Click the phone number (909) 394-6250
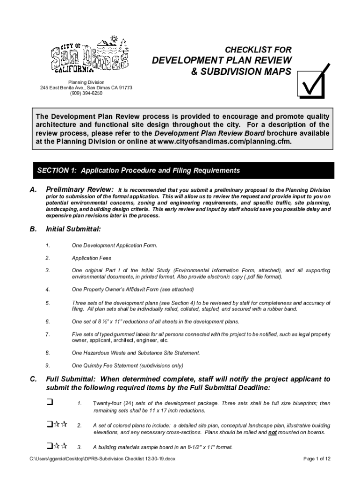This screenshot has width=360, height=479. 86,93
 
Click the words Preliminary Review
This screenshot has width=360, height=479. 79,190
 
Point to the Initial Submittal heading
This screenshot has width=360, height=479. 73,229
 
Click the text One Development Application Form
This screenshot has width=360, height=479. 114,245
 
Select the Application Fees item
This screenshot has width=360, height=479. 91,258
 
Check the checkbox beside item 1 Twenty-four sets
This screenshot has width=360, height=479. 50,402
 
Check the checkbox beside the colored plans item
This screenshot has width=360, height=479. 49,425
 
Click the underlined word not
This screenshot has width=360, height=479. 272,433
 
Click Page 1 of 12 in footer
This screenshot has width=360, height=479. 317,459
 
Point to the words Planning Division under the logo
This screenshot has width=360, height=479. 86,82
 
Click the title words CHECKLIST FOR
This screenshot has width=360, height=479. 258,50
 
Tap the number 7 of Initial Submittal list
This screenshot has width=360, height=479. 48,334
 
